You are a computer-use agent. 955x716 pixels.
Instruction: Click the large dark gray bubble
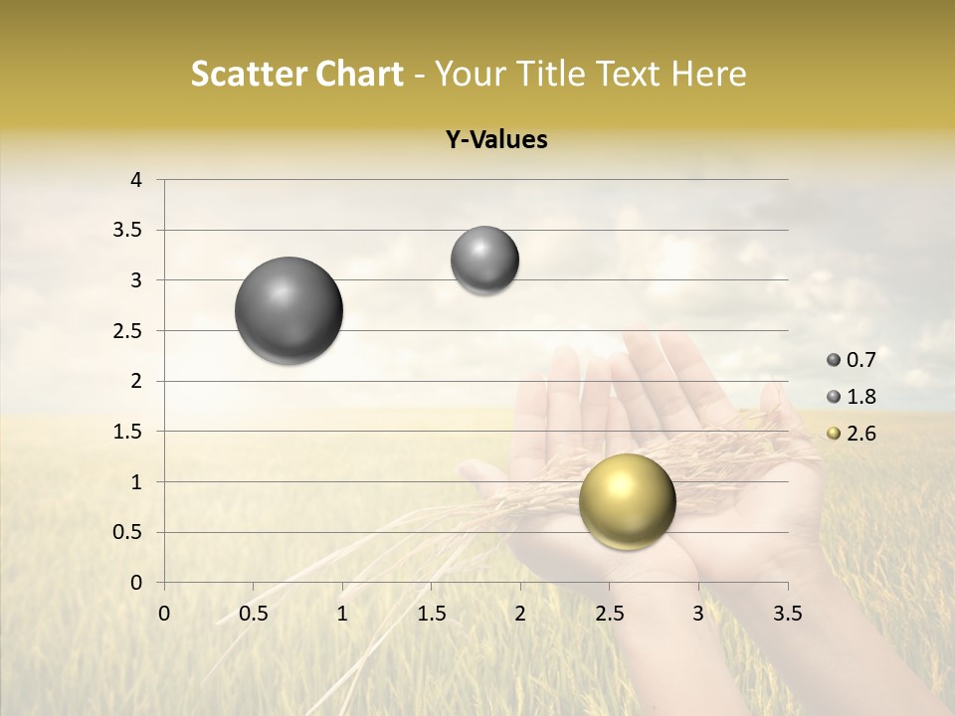point(288,310)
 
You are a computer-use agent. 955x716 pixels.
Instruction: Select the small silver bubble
point(484,261)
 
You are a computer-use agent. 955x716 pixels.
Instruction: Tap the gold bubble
point(627,501)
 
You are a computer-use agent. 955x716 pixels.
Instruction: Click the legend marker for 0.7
point(834,360)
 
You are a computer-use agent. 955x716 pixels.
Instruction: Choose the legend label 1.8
point(860,397)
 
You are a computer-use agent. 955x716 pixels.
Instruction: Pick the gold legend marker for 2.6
point(834,434)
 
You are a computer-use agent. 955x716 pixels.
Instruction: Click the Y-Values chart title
point(496,140)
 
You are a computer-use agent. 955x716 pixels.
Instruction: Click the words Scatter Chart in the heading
point(296,74)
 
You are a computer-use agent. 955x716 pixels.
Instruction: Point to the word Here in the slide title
point(708,74)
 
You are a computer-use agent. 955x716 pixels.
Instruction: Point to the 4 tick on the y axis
point(137,180)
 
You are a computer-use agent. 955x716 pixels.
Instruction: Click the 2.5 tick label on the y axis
point(126,331)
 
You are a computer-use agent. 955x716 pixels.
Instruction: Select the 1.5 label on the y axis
point(126,432)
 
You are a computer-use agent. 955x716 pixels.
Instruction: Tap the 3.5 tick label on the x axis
point(788,613)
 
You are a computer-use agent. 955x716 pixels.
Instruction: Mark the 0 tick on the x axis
point(164,613)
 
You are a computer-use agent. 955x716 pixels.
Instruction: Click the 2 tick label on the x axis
point(520,613)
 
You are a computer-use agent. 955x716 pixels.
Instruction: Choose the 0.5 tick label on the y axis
point(126,532)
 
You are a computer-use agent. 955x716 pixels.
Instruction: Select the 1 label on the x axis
point(342,613)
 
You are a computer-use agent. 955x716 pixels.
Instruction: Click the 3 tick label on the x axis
point(698,613)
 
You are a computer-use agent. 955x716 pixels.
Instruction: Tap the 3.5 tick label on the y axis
point(126,231)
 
